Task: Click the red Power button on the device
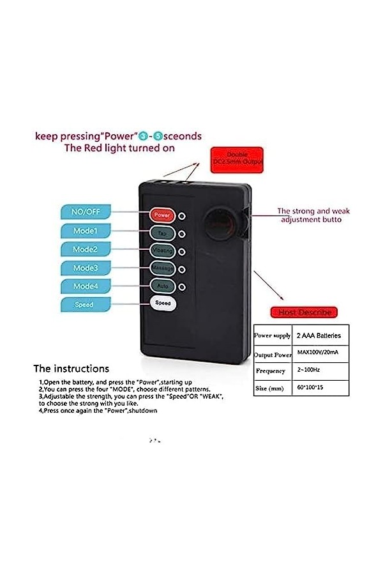[x=162, y=215]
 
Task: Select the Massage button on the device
[x=162, y=268]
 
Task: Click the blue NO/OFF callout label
[x=85, y=212]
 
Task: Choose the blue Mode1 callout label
[x=85, y=231]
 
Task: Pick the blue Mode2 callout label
[x=85, y=249]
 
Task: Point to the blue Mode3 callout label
[x=85, y=268]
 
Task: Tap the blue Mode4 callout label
[x=85, y=286]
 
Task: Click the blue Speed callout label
[x=85, y=305]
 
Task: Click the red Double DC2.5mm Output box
[x=237, y=160]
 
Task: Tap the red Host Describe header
[x=304, y=312]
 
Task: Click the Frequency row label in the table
[x=270, y=371]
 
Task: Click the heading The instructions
[x=71, y=369]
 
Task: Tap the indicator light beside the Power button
[x=182, y=216]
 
